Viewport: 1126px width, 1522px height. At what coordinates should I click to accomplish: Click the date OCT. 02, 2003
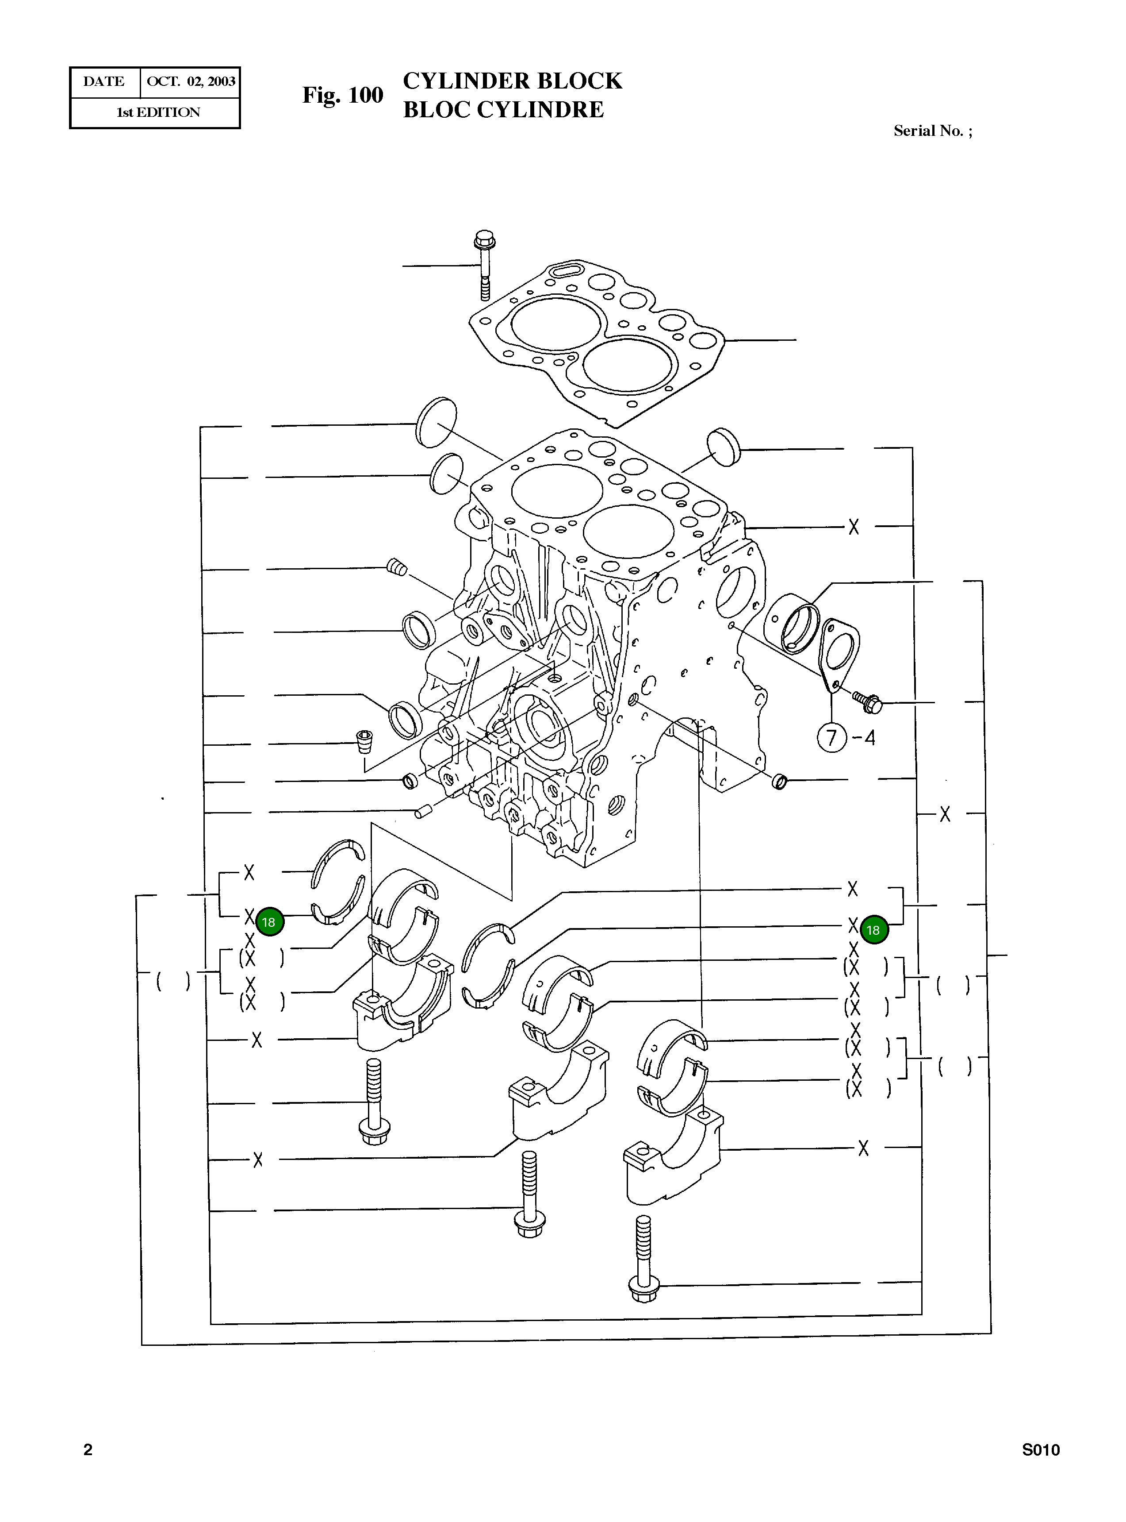point(191,82)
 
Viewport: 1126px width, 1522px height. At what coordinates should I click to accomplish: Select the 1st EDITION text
point(158,112)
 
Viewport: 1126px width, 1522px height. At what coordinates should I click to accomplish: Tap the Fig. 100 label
point(342,95)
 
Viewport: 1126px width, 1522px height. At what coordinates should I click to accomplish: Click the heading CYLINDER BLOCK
point(512,81)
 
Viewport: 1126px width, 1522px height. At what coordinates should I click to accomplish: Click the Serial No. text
point(932,131)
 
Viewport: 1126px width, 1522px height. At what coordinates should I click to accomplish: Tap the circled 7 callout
point(831,738)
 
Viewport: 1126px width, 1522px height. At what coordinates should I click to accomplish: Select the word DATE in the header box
point(103,82)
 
